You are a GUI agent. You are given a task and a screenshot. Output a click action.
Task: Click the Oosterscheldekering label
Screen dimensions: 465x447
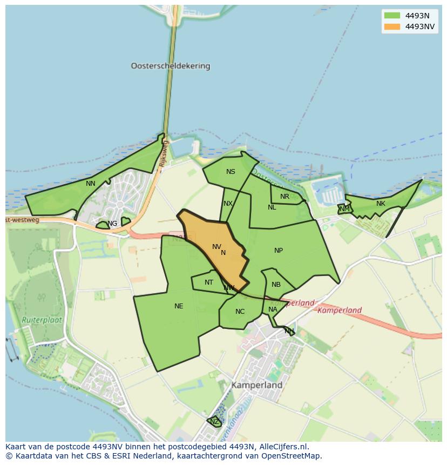pos(170,66)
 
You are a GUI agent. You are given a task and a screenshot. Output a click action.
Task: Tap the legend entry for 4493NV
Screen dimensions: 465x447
pos(420,26)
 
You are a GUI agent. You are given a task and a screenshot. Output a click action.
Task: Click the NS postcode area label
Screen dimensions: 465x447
pos(231,172)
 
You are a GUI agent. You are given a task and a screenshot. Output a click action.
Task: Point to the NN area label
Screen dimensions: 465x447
pos(91,183)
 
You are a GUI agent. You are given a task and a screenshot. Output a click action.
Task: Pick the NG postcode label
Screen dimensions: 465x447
pos(112,223)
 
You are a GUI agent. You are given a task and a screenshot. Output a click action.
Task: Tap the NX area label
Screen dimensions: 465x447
pos(228,204)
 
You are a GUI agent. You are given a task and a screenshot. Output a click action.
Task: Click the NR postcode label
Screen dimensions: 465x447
pos(285,197)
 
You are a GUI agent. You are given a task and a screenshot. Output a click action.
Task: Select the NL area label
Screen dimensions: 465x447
pos(272,207)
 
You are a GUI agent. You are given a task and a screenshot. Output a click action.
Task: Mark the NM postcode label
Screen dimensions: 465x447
pos(344,208)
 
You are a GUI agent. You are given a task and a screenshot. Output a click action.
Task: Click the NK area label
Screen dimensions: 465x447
pos(381,204)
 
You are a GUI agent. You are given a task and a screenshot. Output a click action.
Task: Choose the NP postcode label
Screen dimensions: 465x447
pos(279,250)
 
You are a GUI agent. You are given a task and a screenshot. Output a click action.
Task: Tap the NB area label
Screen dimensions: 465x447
pos(276,285)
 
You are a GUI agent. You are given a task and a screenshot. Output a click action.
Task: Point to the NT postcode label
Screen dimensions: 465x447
pos(209,282)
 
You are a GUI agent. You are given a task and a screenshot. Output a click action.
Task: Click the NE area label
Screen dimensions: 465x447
pos(179,306)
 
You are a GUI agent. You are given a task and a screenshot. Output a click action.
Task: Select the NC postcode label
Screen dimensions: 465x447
pos(240,311)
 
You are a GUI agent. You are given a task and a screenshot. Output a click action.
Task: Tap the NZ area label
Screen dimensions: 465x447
pos(214,421)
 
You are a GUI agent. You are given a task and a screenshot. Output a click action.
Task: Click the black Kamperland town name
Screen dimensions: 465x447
pos(257,386)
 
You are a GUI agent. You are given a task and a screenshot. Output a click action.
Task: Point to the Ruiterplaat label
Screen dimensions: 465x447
pos(42,320)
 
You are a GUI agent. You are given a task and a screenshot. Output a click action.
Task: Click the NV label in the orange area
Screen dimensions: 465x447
pos(216,247)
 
